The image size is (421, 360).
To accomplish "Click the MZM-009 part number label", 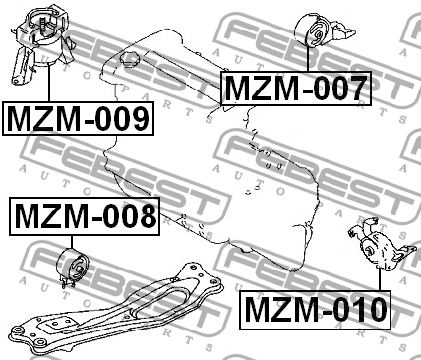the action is click(x=78, y=119).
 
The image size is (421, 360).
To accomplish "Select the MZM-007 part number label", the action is click(x=296, y=89).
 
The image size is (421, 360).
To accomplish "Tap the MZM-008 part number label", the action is click(x=85, y=216).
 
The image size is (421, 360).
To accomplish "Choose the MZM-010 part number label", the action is click(x=315, y=310).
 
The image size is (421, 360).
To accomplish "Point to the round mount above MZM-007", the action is click(x=323, y=31).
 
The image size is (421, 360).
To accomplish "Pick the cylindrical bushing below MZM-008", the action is click(x=73, y=265).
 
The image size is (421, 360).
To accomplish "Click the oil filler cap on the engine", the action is click(x=130, y=60).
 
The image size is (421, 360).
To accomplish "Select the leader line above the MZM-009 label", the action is click(x=49, y=83).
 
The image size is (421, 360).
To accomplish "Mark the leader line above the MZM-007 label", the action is click(x=308, y=59).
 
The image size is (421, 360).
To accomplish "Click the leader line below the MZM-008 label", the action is click(x=72, y=242).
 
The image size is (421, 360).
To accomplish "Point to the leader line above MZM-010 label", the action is click(x=380, y=279).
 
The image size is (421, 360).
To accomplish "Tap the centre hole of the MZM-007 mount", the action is click(x=319, y=35).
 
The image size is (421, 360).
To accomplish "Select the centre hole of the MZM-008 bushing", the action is click(x=80, y=269).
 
